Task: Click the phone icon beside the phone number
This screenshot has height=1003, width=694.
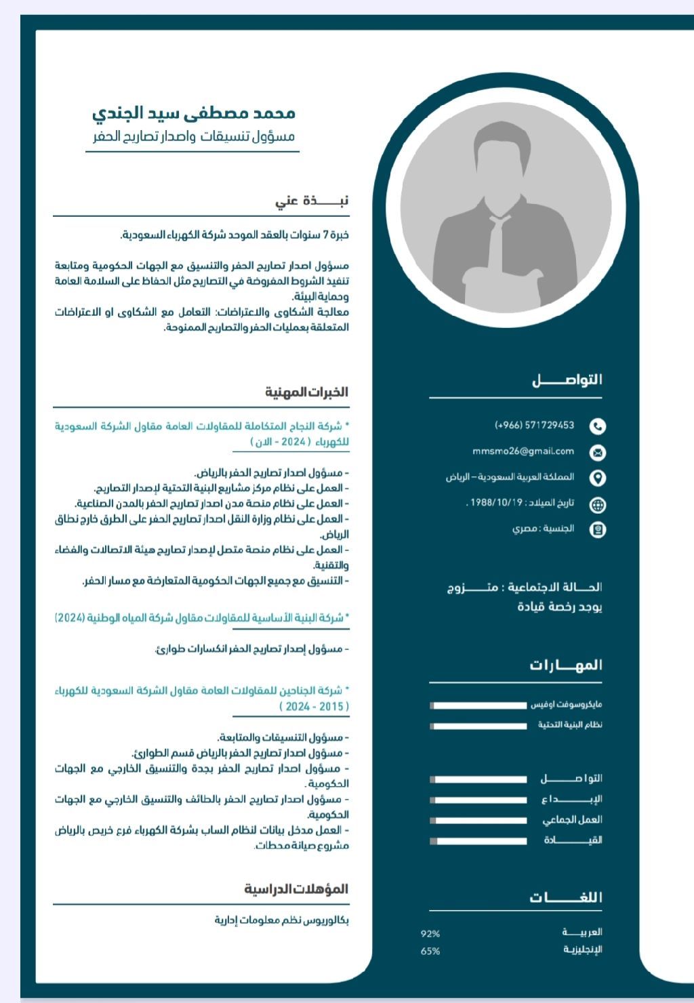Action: click(597, 426)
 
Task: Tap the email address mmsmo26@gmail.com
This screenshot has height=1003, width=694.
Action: click(523, 451)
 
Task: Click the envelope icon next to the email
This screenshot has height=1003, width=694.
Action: click(597, 452)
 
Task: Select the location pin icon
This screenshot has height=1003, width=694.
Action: click(597, 478)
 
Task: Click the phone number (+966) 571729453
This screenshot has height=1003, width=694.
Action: click(535, 426)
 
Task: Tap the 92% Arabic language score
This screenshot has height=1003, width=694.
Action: click(430, 934)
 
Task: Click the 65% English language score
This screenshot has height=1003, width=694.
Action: click(430, 951)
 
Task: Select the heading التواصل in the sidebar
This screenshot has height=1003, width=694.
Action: click(567, 380)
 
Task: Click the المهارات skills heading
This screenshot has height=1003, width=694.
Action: click(566, 665)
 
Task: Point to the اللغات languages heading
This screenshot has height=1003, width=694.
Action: click(566, 897)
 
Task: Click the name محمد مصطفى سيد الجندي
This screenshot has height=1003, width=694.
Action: click(194, 112)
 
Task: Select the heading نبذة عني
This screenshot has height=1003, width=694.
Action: click(312, 201)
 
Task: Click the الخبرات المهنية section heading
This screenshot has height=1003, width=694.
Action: click(306, 392)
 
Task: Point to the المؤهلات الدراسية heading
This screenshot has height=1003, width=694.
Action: click(296, 888)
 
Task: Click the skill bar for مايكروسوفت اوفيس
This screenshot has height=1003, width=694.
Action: click(479, 705)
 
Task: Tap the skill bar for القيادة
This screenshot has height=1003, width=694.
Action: click(479, 841)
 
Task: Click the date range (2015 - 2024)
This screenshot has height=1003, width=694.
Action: click(314, 706)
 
